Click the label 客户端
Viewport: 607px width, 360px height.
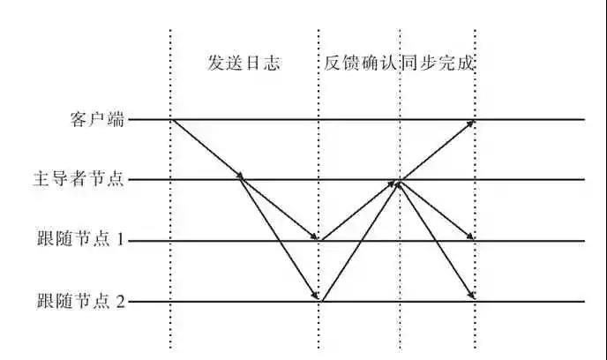(97, 119)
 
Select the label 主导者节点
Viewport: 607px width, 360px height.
(79, 179)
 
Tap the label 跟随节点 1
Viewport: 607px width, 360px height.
(80, 238)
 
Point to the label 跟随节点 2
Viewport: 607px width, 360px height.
(81, 301)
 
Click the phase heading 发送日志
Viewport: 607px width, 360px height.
(244, 63)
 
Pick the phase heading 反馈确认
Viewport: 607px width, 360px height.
(360, 63)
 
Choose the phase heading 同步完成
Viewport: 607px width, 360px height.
(438, 63)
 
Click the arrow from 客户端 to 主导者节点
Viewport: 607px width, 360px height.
(208, 149)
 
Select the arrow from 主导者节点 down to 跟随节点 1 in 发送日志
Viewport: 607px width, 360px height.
(280, 209)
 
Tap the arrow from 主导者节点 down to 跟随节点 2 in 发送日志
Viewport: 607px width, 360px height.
(280, 238)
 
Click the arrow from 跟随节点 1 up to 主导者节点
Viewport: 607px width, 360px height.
(358, 210)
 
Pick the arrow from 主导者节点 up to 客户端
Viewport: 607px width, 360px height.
(438, 150)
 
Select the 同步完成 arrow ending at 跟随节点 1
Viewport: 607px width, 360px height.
(437, 210)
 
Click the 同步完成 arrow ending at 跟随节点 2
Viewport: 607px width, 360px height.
(437, 240)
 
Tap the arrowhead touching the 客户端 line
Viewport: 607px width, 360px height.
(470, 124)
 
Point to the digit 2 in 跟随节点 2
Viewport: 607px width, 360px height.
(121, 301)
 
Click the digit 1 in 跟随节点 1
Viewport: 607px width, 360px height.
(120, 240)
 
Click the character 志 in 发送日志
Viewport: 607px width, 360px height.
(272, 63)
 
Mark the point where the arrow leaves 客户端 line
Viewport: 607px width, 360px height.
(173, 120)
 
